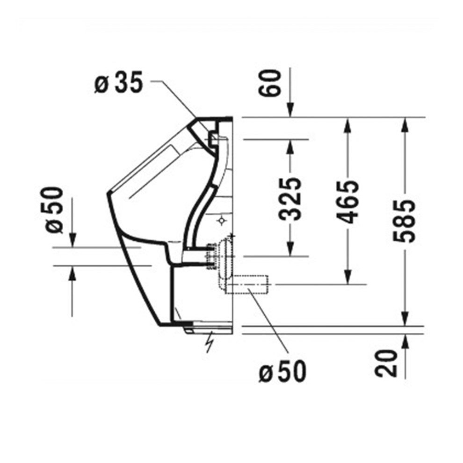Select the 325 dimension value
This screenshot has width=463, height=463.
[291, 198]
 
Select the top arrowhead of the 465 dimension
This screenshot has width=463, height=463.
[347, 123]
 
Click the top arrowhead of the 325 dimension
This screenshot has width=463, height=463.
[290, 145]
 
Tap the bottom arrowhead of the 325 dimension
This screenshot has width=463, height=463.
[290, 250]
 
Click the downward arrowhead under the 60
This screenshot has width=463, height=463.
[290, 110]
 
